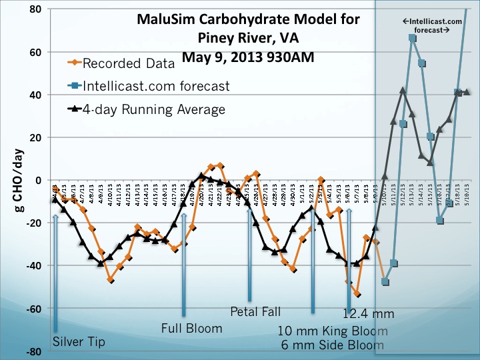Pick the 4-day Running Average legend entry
tap(153, 109)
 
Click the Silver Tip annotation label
tap(78, 342)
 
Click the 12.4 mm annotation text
tap(368, 313)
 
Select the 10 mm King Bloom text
tap(333, 331)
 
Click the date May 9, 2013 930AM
tap(248, 57)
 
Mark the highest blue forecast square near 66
tap(413, 38)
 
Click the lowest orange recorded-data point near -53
tap(357, 294)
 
